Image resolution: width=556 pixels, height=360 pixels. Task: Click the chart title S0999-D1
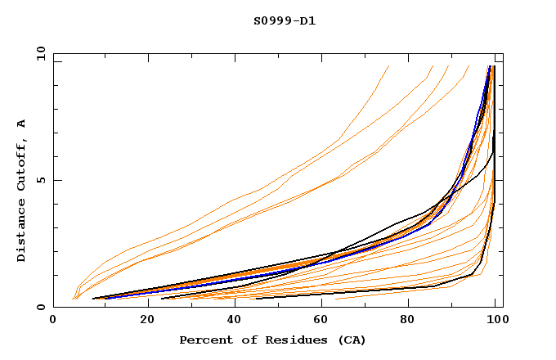pos(284,20)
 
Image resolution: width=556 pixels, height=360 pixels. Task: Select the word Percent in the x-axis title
pos(204,340)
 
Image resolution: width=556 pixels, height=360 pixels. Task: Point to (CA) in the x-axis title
pos(348,340)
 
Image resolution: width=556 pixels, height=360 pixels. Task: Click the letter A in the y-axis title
pos(21,123)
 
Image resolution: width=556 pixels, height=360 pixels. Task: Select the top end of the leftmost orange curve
pos(388,66)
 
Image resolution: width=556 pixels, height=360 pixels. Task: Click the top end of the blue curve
pos(489,66)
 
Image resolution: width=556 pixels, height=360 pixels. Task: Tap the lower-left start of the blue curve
pos(105,299)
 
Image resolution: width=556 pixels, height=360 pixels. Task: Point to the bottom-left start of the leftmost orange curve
pos(73,299)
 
